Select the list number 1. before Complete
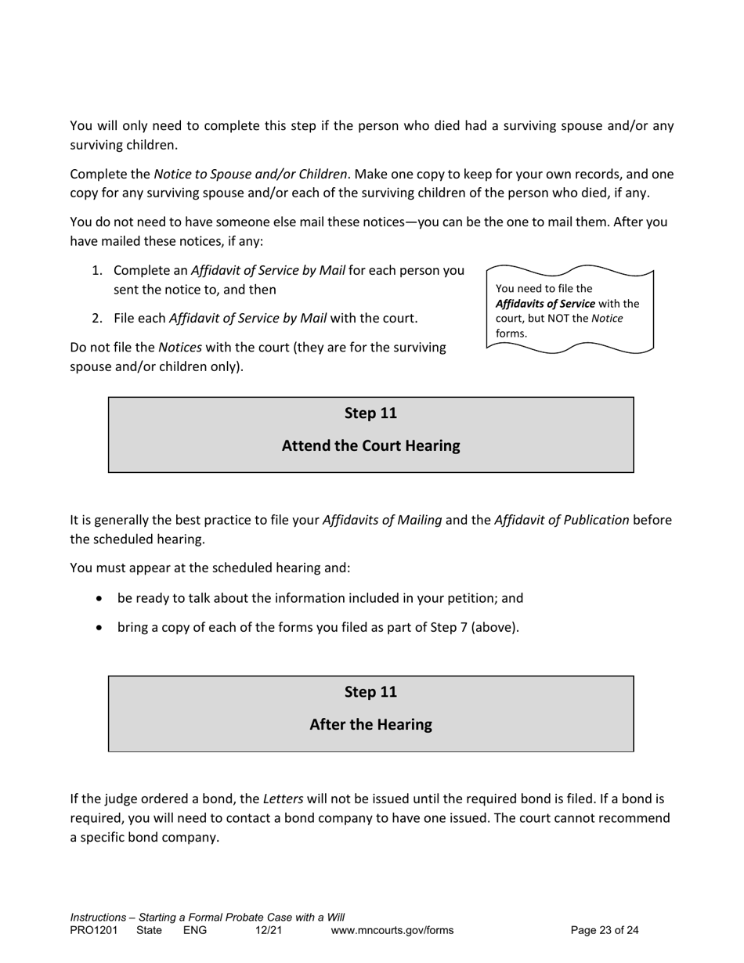pos(97,271)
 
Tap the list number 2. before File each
pos(97,319)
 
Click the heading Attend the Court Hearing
pos(370,446)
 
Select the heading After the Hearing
pos(370,725)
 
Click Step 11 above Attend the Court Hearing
pos(370,413)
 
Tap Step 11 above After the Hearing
pos(370,692)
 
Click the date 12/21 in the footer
pos(268,931)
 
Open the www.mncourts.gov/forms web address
pos(392,931)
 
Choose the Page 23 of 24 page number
pos(605,931)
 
